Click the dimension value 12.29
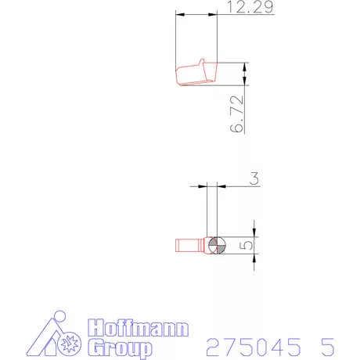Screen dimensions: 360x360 (x=250, y=7)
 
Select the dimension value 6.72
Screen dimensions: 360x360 (x=237, y=114)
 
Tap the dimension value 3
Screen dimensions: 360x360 (x=254, y=178)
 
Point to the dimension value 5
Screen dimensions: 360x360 (x=246, y=245)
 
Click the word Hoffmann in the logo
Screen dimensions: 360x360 (x=138, y=327)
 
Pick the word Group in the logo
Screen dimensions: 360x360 (x=120, y=348)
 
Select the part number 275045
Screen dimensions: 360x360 (x=254, y=347)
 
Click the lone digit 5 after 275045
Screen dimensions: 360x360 (x=328, y=347)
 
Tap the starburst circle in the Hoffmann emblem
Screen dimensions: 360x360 (x=69, y=344)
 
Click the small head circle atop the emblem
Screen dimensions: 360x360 (x=59, y=316)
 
